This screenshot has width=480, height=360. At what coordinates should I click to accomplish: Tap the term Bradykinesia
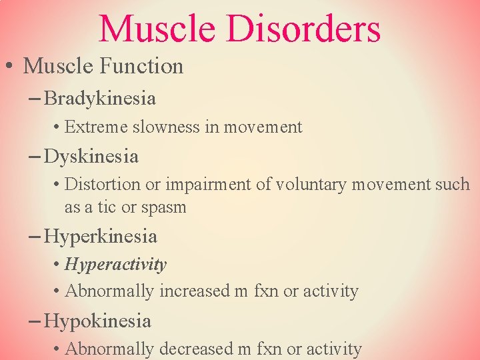(x=100, y=99)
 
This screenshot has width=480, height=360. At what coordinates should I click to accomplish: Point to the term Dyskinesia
(x=91, y=157)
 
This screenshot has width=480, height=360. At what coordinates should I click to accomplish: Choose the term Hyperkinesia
(x=100, y=237)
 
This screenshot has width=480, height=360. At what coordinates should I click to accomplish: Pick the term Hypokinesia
(x=97, y=321)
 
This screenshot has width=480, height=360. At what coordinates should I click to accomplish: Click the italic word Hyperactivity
(x=115, y=265)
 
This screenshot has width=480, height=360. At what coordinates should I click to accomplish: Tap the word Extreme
(x=91, y=127)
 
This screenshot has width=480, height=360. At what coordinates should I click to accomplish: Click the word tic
(x=107, y=207)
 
